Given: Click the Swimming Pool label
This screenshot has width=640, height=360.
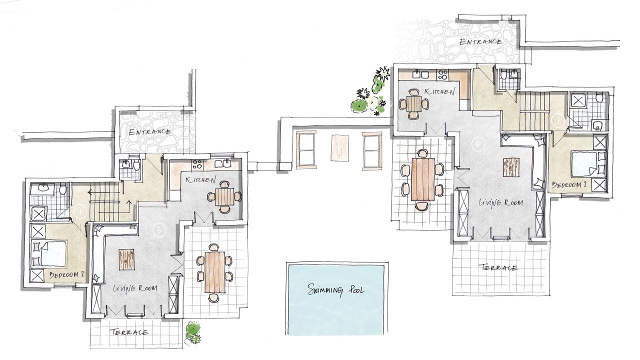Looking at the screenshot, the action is [x=335, y=290].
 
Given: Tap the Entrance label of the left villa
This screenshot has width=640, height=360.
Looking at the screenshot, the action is [x=149, y=132].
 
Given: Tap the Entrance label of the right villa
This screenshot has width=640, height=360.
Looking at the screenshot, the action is [x=480, y=42].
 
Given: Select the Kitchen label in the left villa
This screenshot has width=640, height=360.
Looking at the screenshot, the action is [x=200, y=180].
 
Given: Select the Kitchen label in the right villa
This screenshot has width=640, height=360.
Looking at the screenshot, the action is [x=439, y=91].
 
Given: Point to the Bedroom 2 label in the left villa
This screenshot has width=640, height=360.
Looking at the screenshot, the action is [x=66, y=275].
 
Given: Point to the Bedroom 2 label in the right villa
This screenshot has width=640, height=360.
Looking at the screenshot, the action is [x=569, y=185].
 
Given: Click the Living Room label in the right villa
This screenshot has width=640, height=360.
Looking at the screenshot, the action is [x=500, y=202].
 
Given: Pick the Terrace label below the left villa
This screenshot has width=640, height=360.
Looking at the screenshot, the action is [x=129, y=332].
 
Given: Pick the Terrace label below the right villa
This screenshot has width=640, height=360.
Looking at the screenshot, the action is [x=498, y=267].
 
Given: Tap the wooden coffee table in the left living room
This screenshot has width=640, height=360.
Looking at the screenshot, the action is [x=126, y=259].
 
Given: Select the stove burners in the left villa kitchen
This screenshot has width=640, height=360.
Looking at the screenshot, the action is [x=197, y=164].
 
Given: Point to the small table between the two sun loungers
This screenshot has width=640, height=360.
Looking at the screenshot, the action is [x=339, y=147].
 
